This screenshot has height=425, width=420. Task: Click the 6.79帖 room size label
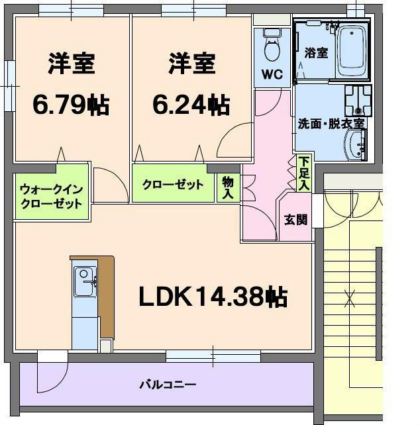pos(71,105)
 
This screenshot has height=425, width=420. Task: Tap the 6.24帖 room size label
pos(191,105)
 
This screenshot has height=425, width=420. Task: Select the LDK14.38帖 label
pos(213,297)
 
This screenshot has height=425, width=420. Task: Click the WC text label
pos(272,75)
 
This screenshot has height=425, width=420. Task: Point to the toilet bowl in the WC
pos(272,48)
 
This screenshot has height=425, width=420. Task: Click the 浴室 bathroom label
pos(316,53)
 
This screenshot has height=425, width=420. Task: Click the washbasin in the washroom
pos(358,144)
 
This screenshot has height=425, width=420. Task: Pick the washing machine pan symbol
pos(358,101)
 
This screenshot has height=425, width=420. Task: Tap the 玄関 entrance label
pos(295,220)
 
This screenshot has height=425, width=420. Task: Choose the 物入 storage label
pos(229,187)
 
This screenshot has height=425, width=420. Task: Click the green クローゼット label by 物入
pos(173,185)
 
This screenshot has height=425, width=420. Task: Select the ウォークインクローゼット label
pos(51,195)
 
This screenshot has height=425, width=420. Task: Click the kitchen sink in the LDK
pos(84,280)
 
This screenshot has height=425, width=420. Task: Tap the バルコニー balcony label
pos(167,384)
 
